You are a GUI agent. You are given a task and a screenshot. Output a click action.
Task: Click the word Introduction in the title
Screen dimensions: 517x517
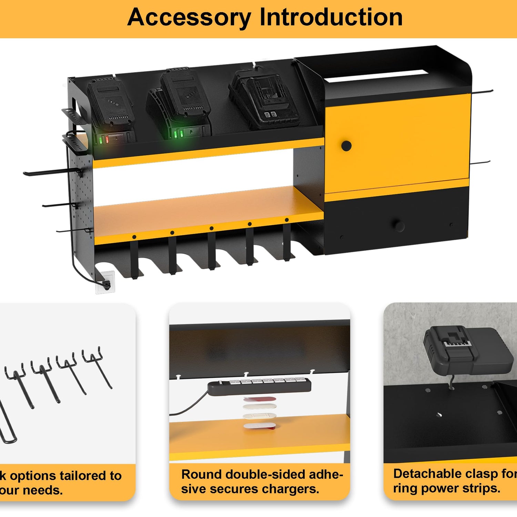click(331, 17)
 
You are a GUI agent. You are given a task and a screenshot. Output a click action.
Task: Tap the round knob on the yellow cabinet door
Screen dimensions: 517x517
click(346, 146)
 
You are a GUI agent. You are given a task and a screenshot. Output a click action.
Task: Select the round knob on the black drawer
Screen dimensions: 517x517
click(399, 226)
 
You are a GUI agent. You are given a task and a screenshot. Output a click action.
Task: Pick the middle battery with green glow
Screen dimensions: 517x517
click(183, 100)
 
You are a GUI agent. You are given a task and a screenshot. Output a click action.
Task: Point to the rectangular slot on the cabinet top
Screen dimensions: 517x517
click(376, 76)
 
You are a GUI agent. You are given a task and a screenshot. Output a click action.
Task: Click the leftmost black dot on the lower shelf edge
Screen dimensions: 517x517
click(134, 237)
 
